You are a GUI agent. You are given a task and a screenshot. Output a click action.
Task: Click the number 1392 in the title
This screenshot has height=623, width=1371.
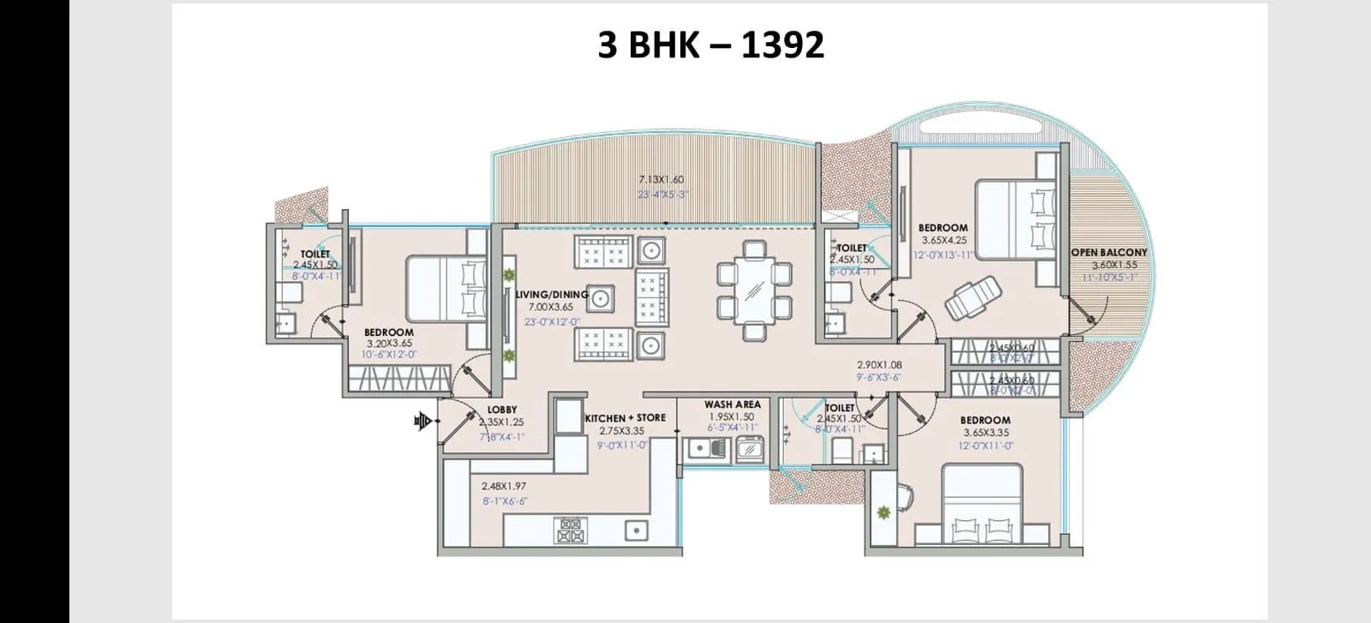(x=782, y=45)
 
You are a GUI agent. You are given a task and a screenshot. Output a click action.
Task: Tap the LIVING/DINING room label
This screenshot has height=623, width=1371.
(x=551, y=294)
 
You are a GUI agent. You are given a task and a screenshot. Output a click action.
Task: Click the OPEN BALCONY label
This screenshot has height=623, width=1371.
(x=1109, y=252)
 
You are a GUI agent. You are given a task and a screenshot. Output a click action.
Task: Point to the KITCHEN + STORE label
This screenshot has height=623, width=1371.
(x=625, y=417)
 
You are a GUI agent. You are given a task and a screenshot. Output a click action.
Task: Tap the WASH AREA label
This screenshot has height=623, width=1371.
(x=732, y=404)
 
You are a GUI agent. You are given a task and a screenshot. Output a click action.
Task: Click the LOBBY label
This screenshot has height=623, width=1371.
(x=501, y=410)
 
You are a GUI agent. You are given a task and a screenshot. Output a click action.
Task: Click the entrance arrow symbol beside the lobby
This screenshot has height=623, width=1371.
(x=422, y=420)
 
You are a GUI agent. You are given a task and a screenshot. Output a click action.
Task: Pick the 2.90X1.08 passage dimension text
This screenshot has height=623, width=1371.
(x=879, y=364)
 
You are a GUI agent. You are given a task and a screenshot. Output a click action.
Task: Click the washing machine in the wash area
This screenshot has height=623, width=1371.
(x=751, y=447)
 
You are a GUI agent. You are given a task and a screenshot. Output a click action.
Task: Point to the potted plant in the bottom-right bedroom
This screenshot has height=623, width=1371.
(x=883, y=512)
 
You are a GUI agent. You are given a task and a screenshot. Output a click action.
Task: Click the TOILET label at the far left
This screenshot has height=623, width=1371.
(x=315, y=255)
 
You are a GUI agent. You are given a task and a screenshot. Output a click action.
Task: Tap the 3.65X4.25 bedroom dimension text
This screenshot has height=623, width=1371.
(x=943, y=242)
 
